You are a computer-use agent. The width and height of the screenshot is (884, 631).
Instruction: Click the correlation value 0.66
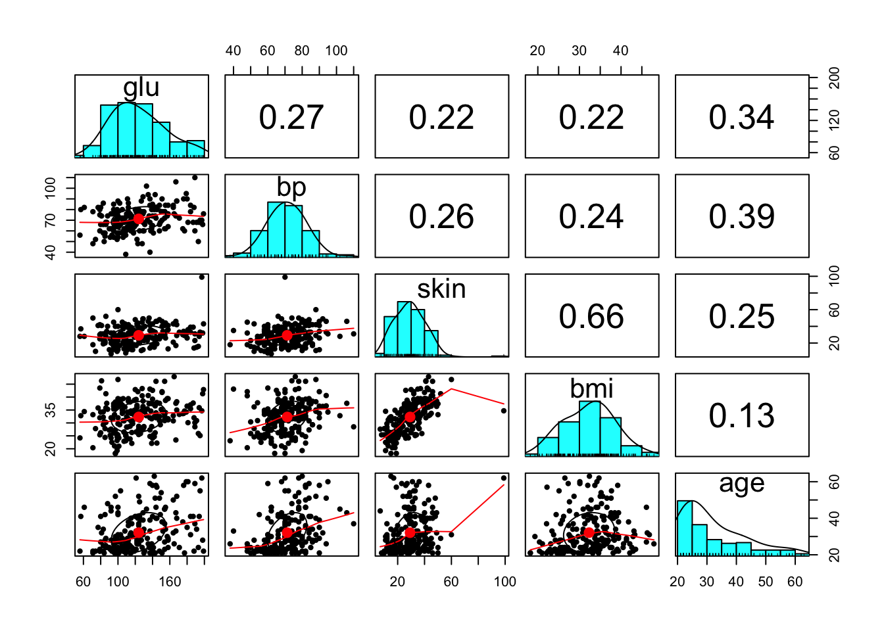[591, 316]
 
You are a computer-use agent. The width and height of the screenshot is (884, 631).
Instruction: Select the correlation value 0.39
[741, 216]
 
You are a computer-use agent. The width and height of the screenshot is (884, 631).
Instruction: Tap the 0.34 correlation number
[741, 117]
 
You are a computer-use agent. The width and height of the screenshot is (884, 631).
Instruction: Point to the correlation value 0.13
[741, 415]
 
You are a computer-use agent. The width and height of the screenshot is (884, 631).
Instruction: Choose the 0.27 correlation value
[291, 117]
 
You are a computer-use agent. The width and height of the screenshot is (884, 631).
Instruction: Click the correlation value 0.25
[741, 316]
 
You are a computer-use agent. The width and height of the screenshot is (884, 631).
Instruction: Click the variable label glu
[141, 87]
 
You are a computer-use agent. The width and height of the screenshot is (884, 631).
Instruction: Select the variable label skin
[441, 289]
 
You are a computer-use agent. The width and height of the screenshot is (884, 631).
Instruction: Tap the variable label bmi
[591, 388]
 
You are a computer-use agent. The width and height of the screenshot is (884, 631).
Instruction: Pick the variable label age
[741, 484]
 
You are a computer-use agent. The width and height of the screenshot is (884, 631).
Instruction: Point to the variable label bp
[291, 187]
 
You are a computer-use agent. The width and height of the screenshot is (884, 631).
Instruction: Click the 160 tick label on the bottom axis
[170, 582]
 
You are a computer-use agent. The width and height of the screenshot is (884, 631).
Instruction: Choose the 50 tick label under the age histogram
[766, 582]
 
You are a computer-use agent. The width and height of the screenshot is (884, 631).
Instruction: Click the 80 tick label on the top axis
[302, 51]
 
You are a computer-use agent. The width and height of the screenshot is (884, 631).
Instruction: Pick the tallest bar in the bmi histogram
[589, 428]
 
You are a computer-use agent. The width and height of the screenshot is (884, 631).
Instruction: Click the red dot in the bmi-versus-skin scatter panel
[410, 417]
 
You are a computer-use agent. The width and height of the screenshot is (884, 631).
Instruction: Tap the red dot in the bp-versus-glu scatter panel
[138, 219]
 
